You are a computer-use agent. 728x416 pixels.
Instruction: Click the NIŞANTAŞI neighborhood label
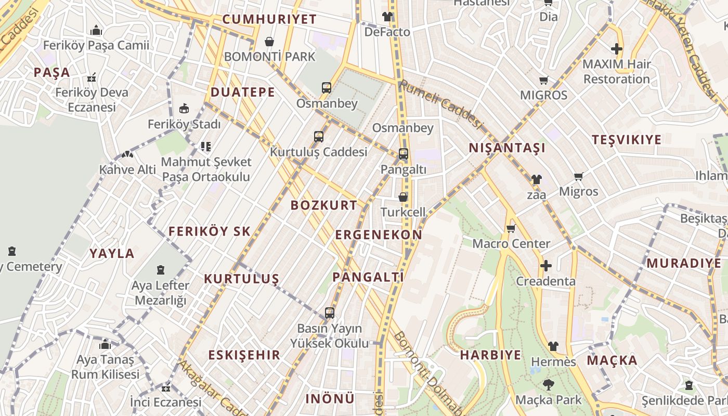507,148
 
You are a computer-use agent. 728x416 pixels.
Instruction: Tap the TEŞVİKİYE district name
627,139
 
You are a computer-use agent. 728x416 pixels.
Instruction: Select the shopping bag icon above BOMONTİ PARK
269,42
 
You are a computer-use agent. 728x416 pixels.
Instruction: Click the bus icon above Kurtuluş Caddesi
319,137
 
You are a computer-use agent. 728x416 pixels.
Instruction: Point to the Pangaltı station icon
404,154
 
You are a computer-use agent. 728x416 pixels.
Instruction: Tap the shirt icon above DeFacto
387,17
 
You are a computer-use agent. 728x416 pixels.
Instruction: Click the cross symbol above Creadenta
545,266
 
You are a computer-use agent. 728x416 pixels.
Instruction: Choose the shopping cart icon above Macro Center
511,228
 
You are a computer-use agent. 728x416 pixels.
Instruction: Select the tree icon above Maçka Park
548,385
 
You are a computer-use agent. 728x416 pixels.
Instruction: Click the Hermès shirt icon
553,346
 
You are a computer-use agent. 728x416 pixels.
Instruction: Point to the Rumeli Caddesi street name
441,104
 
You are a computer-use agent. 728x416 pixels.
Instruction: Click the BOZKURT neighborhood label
324,205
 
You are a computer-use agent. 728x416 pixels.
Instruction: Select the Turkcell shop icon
403,197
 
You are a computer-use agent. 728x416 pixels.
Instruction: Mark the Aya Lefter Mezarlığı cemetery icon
161,270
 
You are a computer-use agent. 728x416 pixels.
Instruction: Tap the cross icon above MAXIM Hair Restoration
617,49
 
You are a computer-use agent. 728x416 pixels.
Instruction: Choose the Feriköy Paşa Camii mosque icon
96,31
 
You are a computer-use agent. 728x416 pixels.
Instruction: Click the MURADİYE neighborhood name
684,263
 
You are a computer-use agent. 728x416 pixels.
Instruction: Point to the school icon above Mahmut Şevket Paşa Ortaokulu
206,147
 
